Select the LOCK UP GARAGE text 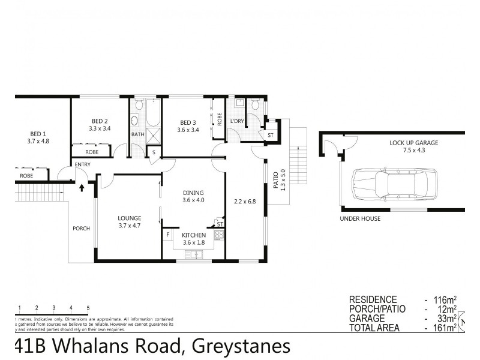pyautogui.click(x=413, y=143)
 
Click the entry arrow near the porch pyautogui.click(x=82, y=188)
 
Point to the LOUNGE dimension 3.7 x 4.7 pyautogui.click(x=130, y=226)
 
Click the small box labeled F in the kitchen pyautogui.click(x=168, y=235)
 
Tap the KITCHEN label pyautogui.click(x=194, y=235)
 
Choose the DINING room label pyautogui.click(x=194, y=193)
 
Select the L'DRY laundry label pyautogui.click(x=237, y=122)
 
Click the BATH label pyautogui.click(x=138, y=134)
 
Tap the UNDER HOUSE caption pyautogui.click(x=360, y=218)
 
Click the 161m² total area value pyautogui.click(x=442, y=328)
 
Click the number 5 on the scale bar pyautogui.click(x=88, y=308)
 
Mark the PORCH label pyautogui.click(x=81, y=229)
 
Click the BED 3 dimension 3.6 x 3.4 pyautogui.click(x=188, y=129)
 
